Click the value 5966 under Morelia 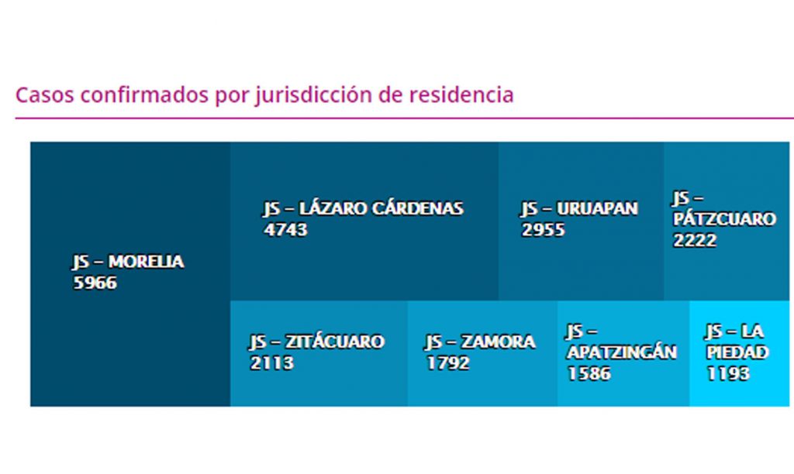95,283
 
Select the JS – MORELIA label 128,263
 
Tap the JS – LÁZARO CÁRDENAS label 363,209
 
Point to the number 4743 285,230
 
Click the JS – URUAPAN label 579,209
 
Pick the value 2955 543,230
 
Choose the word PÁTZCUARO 724,219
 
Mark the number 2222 695,240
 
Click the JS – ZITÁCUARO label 316,342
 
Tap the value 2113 271,363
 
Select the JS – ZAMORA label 479,342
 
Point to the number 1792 447,363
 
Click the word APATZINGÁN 621,352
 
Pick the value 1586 589,373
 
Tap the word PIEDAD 737,353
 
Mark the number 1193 728,374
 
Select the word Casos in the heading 44,95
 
